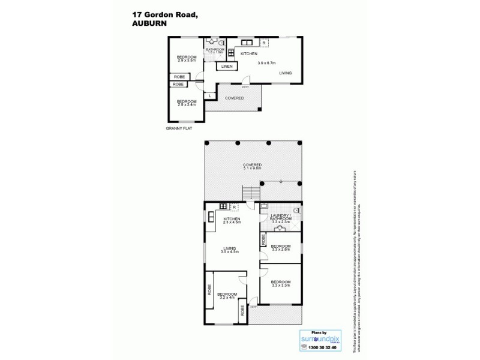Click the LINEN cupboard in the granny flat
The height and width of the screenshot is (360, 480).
coord(226,67)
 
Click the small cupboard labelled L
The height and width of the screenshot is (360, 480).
coord(209,95)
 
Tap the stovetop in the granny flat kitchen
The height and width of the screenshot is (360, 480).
coord(230,53)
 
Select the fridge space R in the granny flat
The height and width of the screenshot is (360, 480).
coord(264,43)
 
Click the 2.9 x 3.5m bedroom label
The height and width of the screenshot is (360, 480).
coord(186,59)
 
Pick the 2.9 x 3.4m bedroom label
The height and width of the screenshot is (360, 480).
coord(186,103)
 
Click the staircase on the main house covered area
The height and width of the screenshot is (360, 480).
coord(251,193)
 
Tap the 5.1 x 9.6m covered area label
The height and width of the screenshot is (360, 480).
coord(252,166)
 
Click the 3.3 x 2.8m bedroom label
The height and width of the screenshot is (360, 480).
coord(281,248)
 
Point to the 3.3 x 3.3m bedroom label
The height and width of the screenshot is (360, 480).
coord(281,284)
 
